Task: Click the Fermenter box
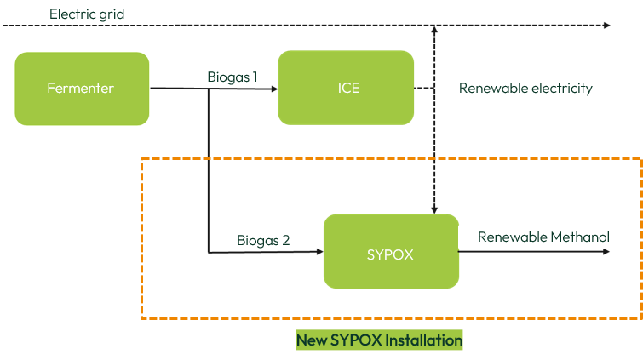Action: tap(82, 88)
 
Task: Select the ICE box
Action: tap(346, 88)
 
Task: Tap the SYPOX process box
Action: tap(391, 252)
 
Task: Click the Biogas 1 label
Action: tap(232, 77)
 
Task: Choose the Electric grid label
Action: tap(87, 14)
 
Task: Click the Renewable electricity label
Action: tap(525, 88)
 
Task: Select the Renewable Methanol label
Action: tap(543, 237)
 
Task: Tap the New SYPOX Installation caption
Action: tap(379, 340)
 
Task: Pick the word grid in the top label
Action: tap(111, 14)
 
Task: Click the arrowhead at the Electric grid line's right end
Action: tap(607, 26)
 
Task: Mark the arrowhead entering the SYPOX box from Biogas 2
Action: tap(319, 252)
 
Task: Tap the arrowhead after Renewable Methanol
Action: tap(607, 252)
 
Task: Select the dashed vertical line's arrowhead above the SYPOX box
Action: tap(435, 210)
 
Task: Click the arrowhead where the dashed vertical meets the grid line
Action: tap(435, 30)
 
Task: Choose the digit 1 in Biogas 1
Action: tap(254, 77)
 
